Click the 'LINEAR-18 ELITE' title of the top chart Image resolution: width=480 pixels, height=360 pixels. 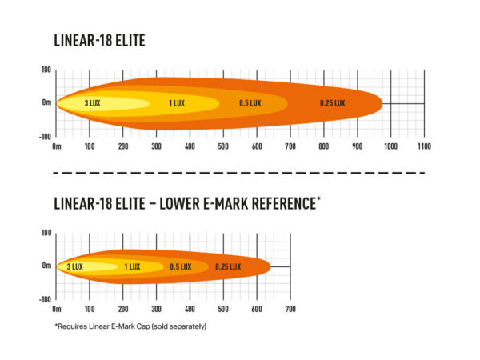pyautogui.click(x=100, y=40)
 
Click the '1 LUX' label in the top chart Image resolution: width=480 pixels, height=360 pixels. pyautogui.click(x=178, y=103)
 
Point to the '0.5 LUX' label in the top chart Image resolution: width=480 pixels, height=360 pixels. pyautogui.click(x=250, y=103)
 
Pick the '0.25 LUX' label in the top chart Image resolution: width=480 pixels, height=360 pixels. pyautogui.click(x=332, y=103)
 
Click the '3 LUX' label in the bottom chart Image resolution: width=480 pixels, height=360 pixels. pyautogui.click(x=74, y=266)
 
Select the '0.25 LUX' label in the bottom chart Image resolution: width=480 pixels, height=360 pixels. pyautogui.click(x=228, y=266)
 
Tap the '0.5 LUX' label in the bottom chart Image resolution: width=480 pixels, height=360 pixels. pyautogui.click(x=180, y=266)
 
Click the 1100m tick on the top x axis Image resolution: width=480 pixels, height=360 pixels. pyautogui.click(x=423, y=147)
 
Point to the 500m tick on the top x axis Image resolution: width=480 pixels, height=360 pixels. pyautogui.click(x=223, y=147)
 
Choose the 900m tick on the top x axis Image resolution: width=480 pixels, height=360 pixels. pyautogui.click(x=356, y=147)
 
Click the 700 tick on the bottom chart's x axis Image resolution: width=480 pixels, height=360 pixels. pyautogui.click(x=290, y=309)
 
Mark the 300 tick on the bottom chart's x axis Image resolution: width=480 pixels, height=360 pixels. pyautogui.click(x=156, y=309)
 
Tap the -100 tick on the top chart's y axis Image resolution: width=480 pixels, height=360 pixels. pyautogui.click(x=46, y=136)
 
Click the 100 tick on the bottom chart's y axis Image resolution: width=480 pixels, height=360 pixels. pyautogui.click(x=46, y=233)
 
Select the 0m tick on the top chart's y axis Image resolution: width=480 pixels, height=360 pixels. pyautogui.click(x=47, y=103)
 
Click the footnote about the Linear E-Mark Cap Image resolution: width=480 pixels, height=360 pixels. pyautogui.click(x=130, y=326)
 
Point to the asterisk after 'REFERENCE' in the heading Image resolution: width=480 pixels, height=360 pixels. pyautogui.click(x=318, y=198)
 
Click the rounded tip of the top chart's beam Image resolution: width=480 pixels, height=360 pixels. pyautogui.click(x=380, y=103)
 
